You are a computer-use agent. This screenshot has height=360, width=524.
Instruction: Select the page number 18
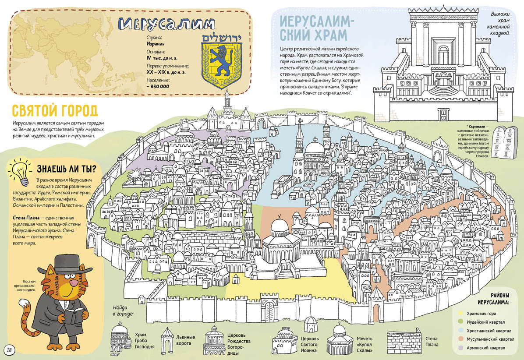(10, 349)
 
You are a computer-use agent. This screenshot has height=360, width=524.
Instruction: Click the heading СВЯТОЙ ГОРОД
(54, 110)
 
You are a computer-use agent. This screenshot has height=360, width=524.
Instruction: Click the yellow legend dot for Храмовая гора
(460, 313)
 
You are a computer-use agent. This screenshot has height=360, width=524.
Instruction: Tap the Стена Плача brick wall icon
(403, 342)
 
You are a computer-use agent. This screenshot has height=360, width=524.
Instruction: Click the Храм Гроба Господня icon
(121, 338)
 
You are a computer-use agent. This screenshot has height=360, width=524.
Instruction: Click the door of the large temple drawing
(443, 114)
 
